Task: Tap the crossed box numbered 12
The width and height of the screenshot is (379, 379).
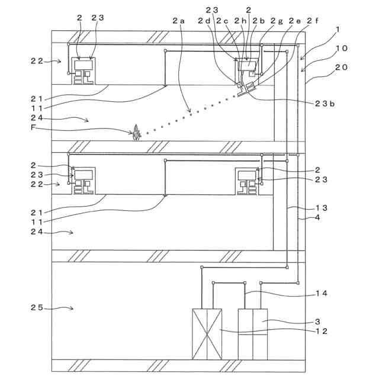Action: [207, 333]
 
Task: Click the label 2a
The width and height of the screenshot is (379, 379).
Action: [178, 21]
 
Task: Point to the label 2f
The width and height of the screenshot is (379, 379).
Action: [312, 21]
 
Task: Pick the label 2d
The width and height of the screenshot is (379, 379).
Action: [204, 21]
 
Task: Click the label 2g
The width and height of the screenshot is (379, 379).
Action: [276, 21]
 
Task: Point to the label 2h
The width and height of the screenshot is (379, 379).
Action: [240, 21]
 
